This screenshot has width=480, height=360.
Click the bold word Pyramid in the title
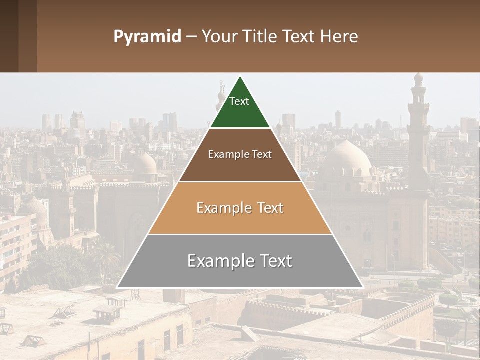point(147,37)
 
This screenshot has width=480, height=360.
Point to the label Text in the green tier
point(239,101)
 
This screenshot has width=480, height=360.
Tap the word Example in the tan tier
point(223,208)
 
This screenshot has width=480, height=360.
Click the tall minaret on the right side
point(418,130)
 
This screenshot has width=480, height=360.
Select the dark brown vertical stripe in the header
point(28,36)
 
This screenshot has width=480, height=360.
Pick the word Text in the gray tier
point(275,261)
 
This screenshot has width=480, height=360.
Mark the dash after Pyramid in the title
point(191,36)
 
